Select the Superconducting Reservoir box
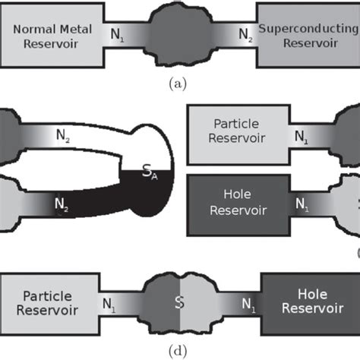coord(308,36)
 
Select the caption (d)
coord(179,350)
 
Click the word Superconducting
coord(308,30)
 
